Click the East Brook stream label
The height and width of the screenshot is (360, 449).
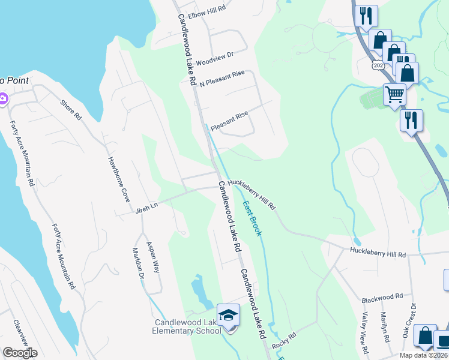pos(252,218)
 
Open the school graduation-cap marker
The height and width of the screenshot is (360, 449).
pos(228,314)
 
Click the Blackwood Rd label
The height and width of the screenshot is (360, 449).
pos(382,298)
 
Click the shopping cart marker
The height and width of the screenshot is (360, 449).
pos(394,94)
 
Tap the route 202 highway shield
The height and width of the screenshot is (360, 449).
pos(378,64)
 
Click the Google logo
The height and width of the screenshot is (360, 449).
pos(20,353)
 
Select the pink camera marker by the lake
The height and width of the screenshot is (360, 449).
pos(3,98)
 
